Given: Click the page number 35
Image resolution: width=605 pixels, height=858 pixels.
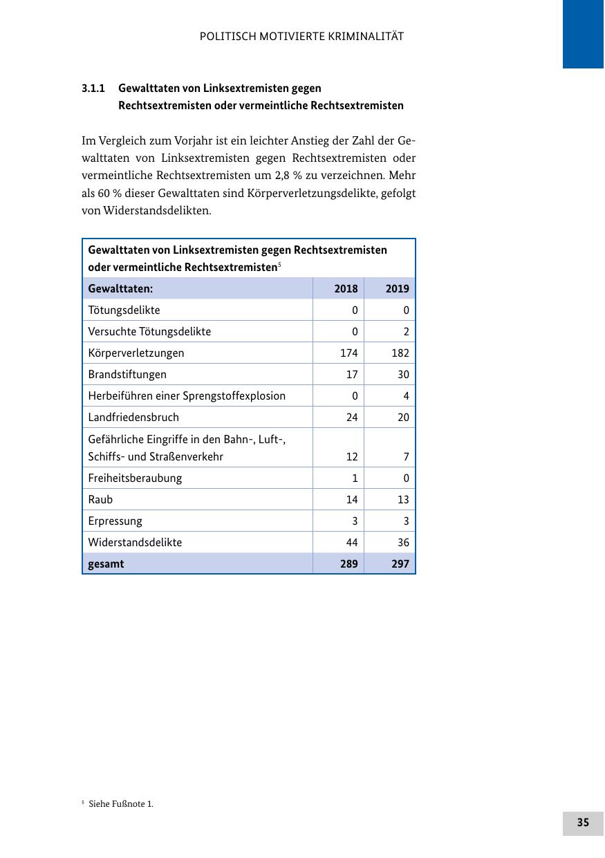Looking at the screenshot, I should click(x=583, y=822).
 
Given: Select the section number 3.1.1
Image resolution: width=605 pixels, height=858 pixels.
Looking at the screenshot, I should click(x=93, y=88).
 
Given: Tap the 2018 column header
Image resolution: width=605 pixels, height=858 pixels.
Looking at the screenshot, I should click(x=346, y=288).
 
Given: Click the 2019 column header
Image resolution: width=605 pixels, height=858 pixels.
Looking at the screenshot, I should click(x=398, y=288).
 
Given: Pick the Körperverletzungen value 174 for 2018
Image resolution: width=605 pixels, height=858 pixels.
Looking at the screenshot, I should click(x=348, y=353).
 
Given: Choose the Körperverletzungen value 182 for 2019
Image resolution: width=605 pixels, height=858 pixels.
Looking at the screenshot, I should click(x=400, y=353).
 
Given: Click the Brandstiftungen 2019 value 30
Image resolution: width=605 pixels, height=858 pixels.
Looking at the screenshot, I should click(x=402, y=374).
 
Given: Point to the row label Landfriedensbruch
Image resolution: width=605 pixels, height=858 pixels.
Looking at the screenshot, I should click(x=133, y=417).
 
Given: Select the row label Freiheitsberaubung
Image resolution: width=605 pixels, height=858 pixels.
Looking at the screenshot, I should click(x=135, y=478).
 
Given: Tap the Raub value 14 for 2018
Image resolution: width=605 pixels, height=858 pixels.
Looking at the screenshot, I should click(x=351, y=499).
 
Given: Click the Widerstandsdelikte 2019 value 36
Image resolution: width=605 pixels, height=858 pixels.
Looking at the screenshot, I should click(x=402, y=542).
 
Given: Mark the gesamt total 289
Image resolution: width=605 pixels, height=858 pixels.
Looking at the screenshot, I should click(x=348, y=563).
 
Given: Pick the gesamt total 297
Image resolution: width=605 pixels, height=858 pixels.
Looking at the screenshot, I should click(x=400, y=563).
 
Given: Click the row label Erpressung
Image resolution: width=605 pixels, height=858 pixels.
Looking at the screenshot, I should click(x=115, y=521).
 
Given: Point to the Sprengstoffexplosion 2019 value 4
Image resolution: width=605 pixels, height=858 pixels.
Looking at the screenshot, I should click(x=406, y=395).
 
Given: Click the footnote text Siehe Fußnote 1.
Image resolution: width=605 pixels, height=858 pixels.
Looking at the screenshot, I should click(x=120, y=803).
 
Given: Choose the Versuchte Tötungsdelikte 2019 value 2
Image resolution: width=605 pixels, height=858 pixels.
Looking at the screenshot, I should click(x=406, y=331).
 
